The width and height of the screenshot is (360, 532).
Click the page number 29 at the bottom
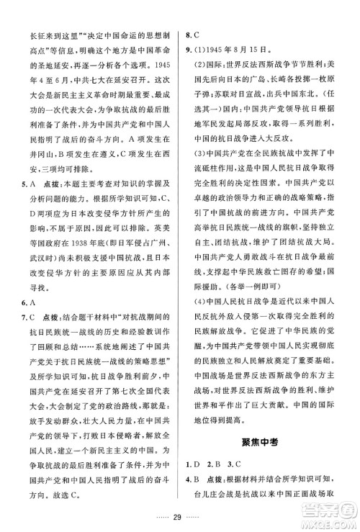click(179, 515)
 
